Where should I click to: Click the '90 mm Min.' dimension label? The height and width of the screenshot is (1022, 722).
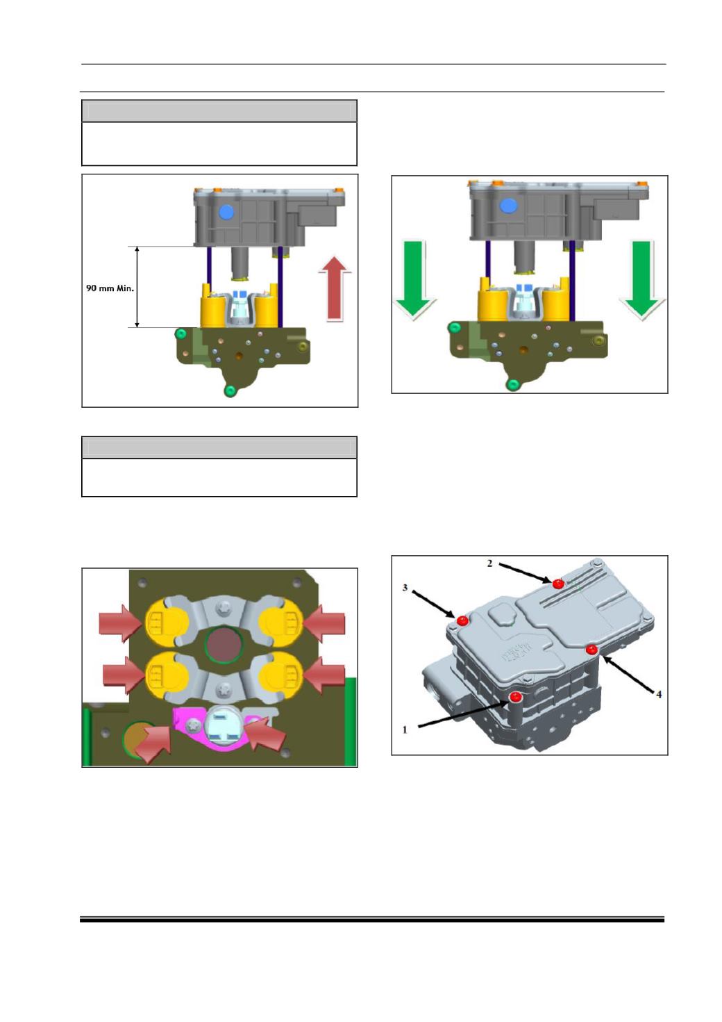pyautogui.click(x=110, y=288)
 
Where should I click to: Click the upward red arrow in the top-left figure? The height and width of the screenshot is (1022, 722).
pyautogui.click(x=335, y=288)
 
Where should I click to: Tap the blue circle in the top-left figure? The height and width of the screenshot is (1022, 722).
pyautogui.click(x=226, y=212)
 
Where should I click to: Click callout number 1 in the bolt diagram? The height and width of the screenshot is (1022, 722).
pyautogui.click(x=405, y=730)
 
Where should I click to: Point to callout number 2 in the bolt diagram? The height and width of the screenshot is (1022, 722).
pyautogui.click(x=490, y=563)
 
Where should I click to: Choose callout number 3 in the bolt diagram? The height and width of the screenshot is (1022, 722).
pyautogui.click(x=405, y=588)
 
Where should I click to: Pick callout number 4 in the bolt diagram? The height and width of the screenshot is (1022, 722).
pyautogui.click(x=658, y=694)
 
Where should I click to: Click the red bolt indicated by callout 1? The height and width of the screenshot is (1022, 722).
pyautogui.click(x=517, y=697)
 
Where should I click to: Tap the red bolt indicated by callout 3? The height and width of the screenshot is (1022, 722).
pyautogui.click(x=463, y=620)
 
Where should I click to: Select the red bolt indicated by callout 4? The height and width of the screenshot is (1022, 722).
pyautogui.click(x=591, y=649)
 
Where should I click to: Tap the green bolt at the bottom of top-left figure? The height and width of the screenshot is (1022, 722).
pyautogui.click(x=231, y=390)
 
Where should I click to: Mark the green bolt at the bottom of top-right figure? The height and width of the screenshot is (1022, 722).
pyautogui.click(x=513, y=385)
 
